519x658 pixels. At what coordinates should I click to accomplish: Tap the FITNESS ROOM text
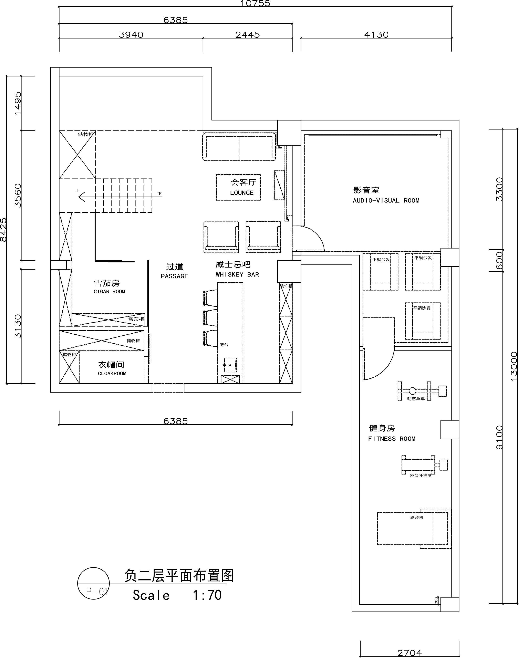392,439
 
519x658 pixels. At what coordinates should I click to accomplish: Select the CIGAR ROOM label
109,292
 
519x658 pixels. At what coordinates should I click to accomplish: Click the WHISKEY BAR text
237,275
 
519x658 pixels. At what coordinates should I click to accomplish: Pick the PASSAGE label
174,276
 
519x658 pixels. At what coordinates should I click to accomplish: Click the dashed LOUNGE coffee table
238,187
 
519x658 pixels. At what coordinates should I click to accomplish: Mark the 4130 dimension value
376,35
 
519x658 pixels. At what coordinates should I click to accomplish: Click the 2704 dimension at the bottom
410,652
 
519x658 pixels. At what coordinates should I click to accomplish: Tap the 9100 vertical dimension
499,437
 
